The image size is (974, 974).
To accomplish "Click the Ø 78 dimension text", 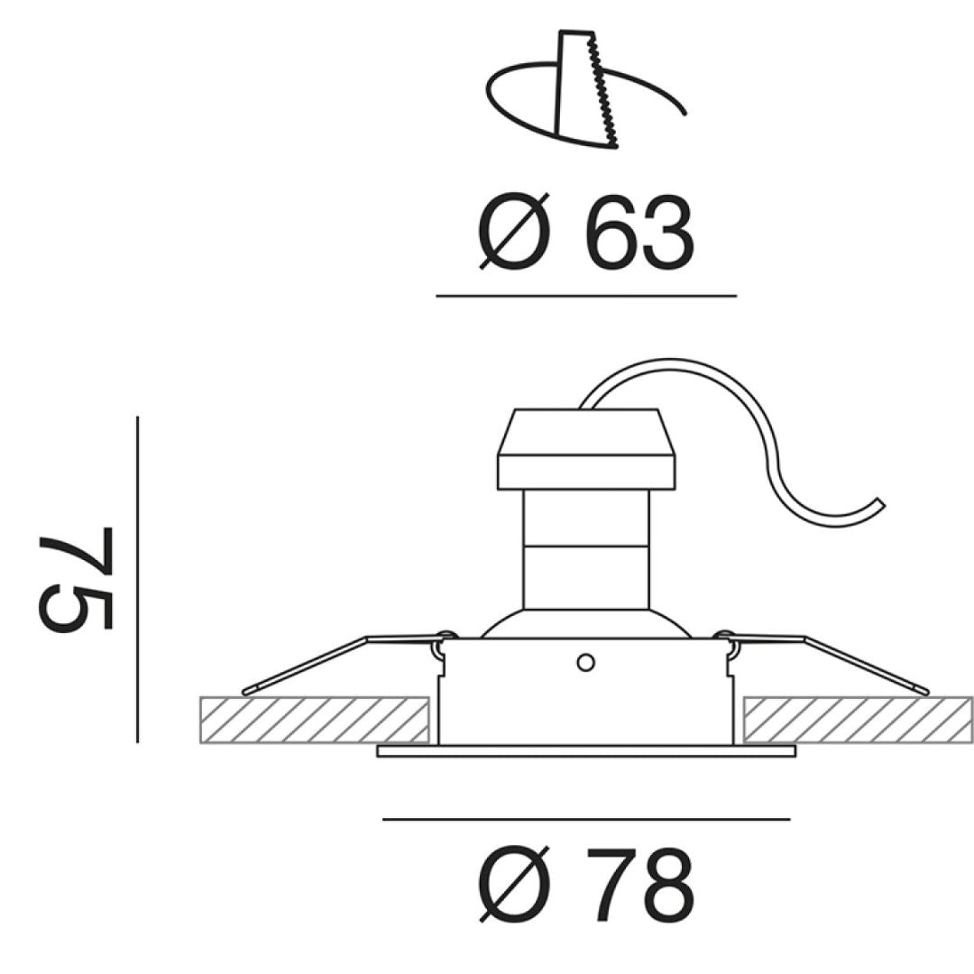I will click(586, 884).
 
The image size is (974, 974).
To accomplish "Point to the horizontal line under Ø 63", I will click(586, 295).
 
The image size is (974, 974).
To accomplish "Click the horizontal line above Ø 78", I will click(586, 819).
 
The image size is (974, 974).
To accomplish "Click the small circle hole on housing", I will click(585, 663).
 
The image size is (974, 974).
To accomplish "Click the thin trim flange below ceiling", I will click(586, 750).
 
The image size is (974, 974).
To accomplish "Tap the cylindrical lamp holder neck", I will click(586, 550).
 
